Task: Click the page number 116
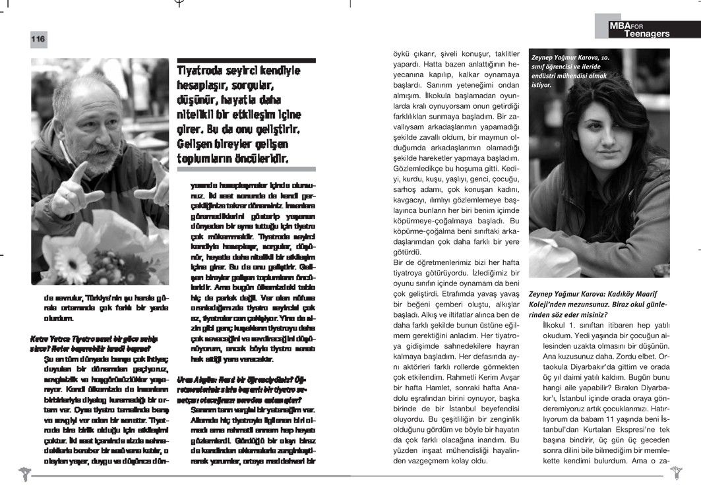(x=38, y=40)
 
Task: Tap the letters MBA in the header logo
(x=622, y=25)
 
